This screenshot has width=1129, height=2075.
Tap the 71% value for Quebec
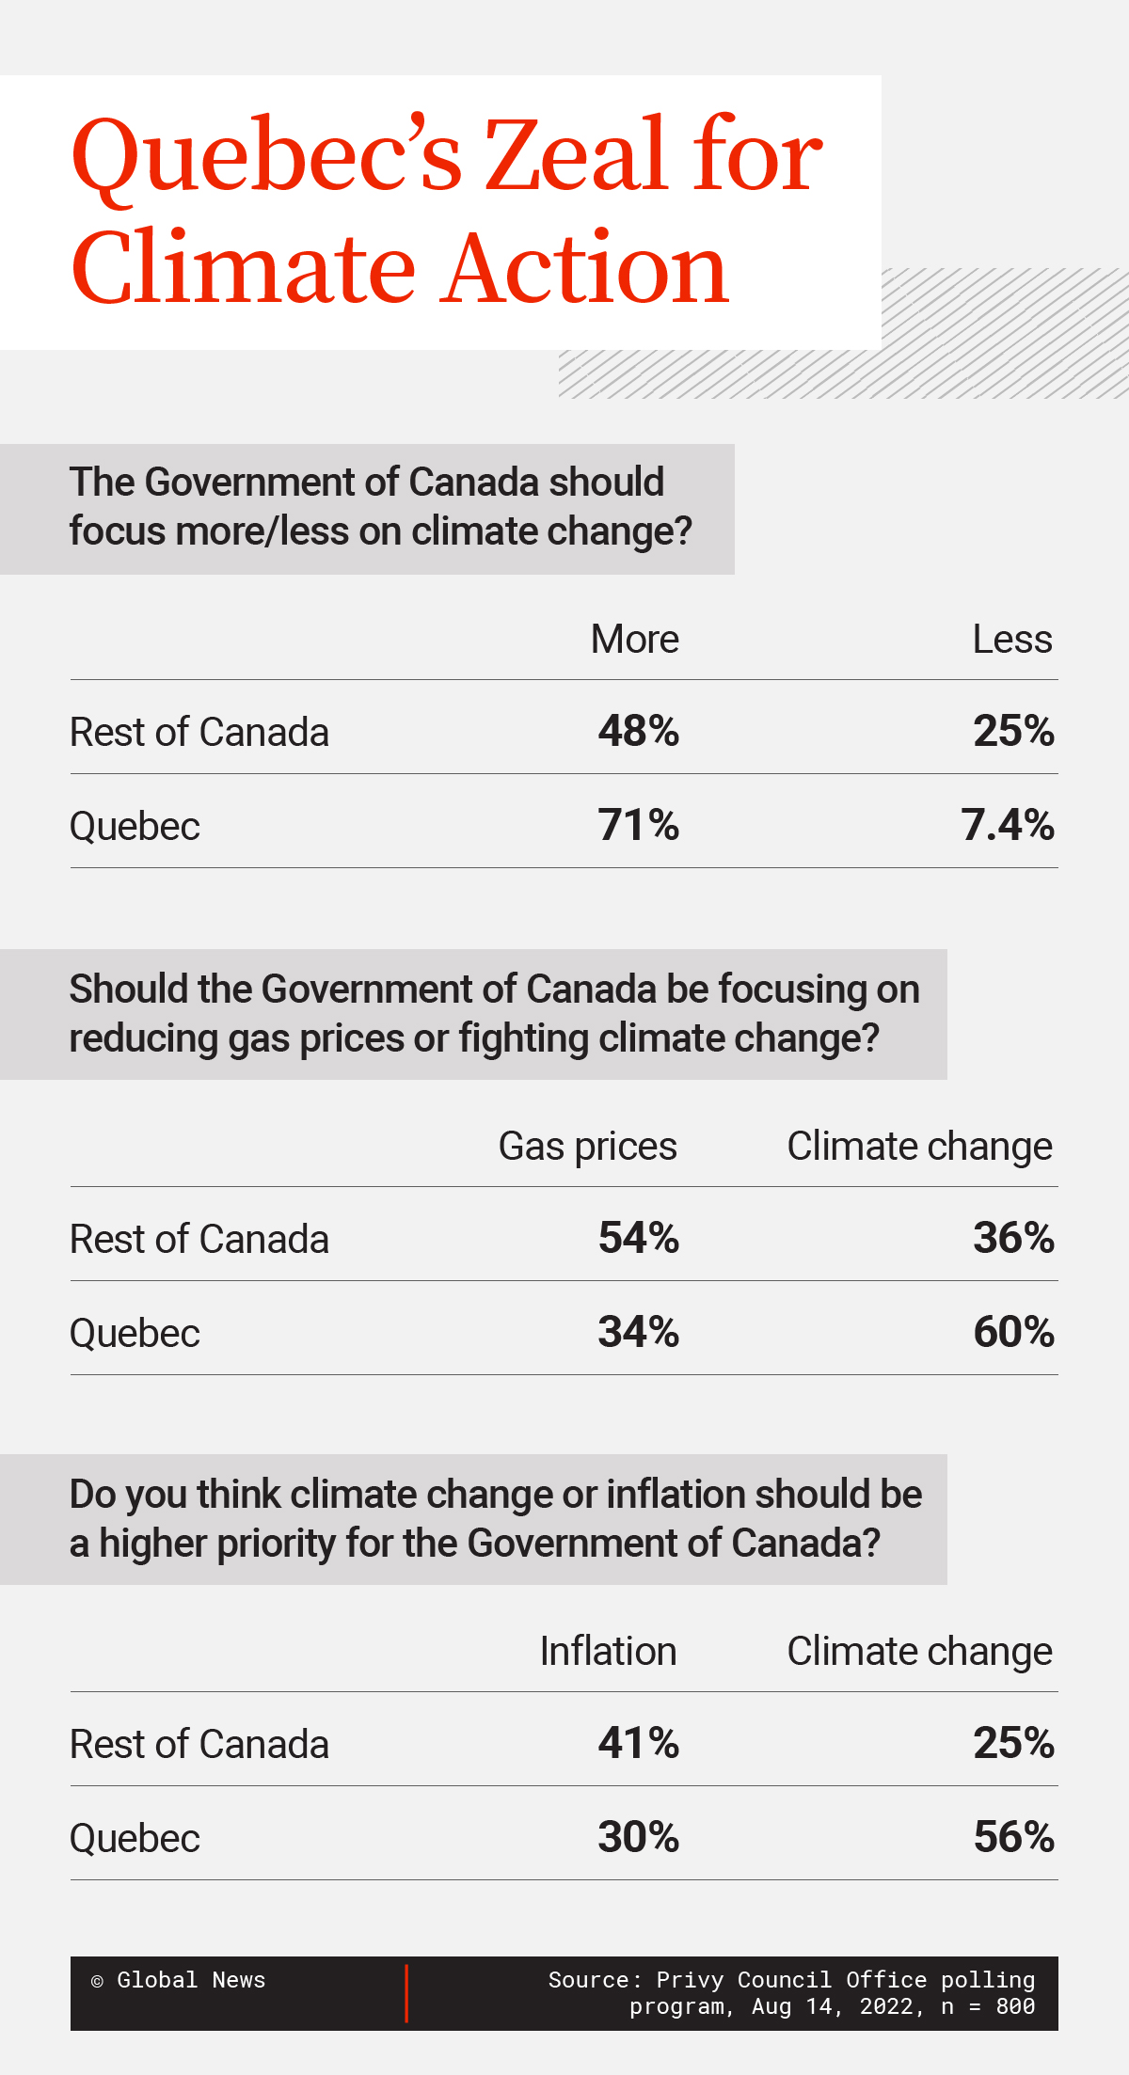(x=638, y=825)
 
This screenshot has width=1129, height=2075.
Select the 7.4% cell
(x=1007, y=825)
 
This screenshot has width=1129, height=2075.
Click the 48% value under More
(x=638, y=731)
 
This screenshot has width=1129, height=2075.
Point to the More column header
(x=634, y=640)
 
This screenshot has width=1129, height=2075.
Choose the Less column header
(x=1011, y=640)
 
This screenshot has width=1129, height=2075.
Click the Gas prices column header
(x=587, y=1147)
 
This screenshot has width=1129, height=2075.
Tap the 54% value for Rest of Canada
(x=638, y=1238)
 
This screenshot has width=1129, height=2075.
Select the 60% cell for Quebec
(x=1013, y=1332)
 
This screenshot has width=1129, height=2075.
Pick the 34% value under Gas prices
(x=638, y=1332)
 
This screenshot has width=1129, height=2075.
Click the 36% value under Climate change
(x=1013, y=1238)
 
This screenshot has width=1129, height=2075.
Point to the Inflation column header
(x=608, y=1652)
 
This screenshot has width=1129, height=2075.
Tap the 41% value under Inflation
(x=638, y=1743)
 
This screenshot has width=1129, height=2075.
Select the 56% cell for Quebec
(x=1013, y=1837)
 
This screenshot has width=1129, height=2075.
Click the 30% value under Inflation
(x=638, y=1837)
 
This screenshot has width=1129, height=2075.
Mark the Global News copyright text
(x=179, y=1980)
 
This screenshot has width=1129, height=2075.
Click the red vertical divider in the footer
(x=406, y=1993)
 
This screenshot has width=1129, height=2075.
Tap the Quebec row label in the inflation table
(x=135, y=1838)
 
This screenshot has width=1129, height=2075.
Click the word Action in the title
(x=585, y=270)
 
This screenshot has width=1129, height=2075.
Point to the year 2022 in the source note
(x=885, y=2006)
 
